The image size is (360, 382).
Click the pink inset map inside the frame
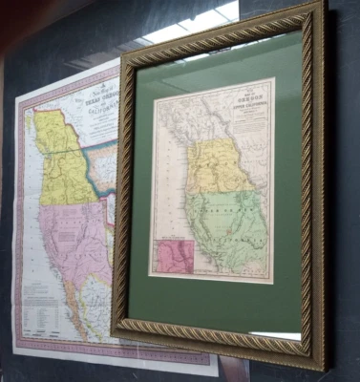(x=175, y=255)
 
